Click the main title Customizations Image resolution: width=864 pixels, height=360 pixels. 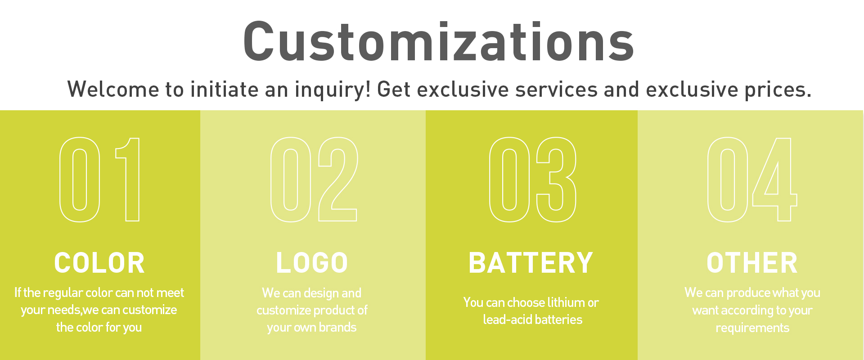point(439,41)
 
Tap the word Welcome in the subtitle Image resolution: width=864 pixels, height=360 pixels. point(113,89)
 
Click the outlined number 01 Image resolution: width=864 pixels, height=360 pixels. point(80,180)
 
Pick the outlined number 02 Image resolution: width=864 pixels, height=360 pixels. point(290,180)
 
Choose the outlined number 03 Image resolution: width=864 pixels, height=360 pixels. point(509,180)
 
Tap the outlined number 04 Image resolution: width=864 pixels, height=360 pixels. point(728,180)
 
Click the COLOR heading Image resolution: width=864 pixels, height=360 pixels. point(99,263)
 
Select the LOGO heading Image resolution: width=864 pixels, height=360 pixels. point(312,263)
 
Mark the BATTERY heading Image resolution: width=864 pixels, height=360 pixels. point(531,263)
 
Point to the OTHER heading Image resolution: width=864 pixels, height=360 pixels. point(752,263)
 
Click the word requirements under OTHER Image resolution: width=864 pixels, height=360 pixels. point(752,328)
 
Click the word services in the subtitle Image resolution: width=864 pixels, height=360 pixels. point(556,90)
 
